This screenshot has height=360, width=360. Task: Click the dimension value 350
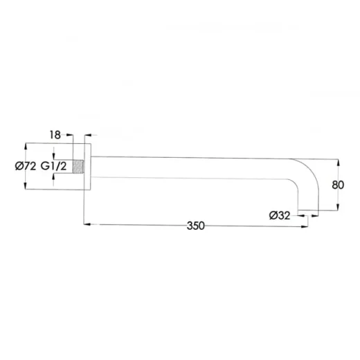(x=196, y=226)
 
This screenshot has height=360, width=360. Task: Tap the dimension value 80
(x=338, y=185)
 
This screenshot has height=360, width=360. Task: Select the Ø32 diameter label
(x=280, y=215)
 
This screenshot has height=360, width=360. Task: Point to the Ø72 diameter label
(x=26, y=166)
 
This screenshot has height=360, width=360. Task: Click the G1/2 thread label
(x=53, y=166)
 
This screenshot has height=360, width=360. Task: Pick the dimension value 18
(x=55, y=135)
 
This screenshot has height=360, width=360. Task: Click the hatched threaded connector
(x=78, y=166)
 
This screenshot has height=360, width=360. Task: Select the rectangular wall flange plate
(x=87, y=167)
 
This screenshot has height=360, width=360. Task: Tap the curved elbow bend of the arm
(x=310, y=171)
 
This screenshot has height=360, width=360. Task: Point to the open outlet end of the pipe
(x=308, y=210)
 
